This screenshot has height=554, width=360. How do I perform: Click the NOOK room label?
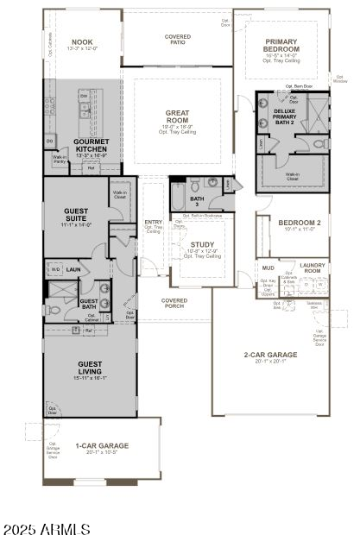point(82,41)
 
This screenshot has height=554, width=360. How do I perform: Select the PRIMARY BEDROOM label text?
point(281,46)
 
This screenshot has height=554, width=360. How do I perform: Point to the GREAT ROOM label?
point(178,116)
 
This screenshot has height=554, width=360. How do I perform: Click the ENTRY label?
point(153,223)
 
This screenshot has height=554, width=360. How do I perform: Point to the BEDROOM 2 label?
point(299,223)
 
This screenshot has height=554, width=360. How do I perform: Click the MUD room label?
point(268,268)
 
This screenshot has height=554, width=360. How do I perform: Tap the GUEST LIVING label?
point(90,368)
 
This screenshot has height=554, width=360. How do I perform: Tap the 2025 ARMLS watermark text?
point(47,528)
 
